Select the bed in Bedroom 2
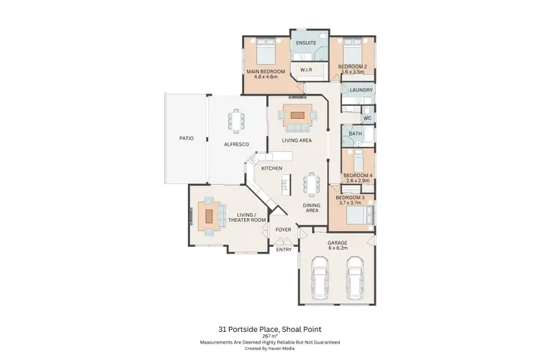pos(351,52)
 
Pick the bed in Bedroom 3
pos(358,215)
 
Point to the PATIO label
pos(186,138)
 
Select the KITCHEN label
pos(271,168)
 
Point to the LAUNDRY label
pos(360,90)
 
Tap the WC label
pos(366,117)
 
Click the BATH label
pos(356,134)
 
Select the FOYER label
pos(284,230)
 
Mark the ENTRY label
pos(284,249)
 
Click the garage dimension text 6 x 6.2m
pos(338,248)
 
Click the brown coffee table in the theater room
pos(210,215)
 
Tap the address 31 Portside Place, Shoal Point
pos(270,328)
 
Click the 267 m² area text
pos(270,336)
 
